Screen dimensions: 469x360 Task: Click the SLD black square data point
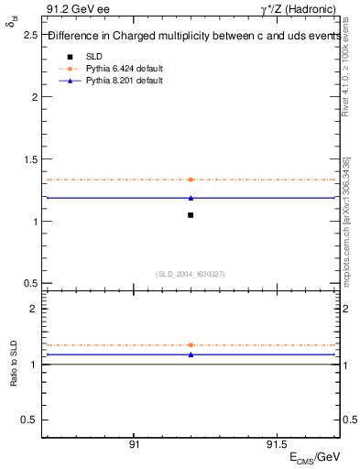[191, 215]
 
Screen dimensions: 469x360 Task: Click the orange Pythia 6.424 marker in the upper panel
[191, 180]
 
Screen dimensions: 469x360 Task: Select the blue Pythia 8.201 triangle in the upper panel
[191, 198]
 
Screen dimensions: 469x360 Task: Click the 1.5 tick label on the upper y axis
[29, 159]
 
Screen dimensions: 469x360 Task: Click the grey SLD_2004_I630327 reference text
[191, 273]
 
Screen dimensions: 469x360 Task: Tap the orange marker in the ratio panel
[191, 345]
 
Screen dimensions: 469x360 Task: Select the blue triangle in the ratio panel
[191, 354]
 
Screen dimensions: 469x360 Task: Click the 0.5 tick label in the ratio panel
[29, 420]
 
